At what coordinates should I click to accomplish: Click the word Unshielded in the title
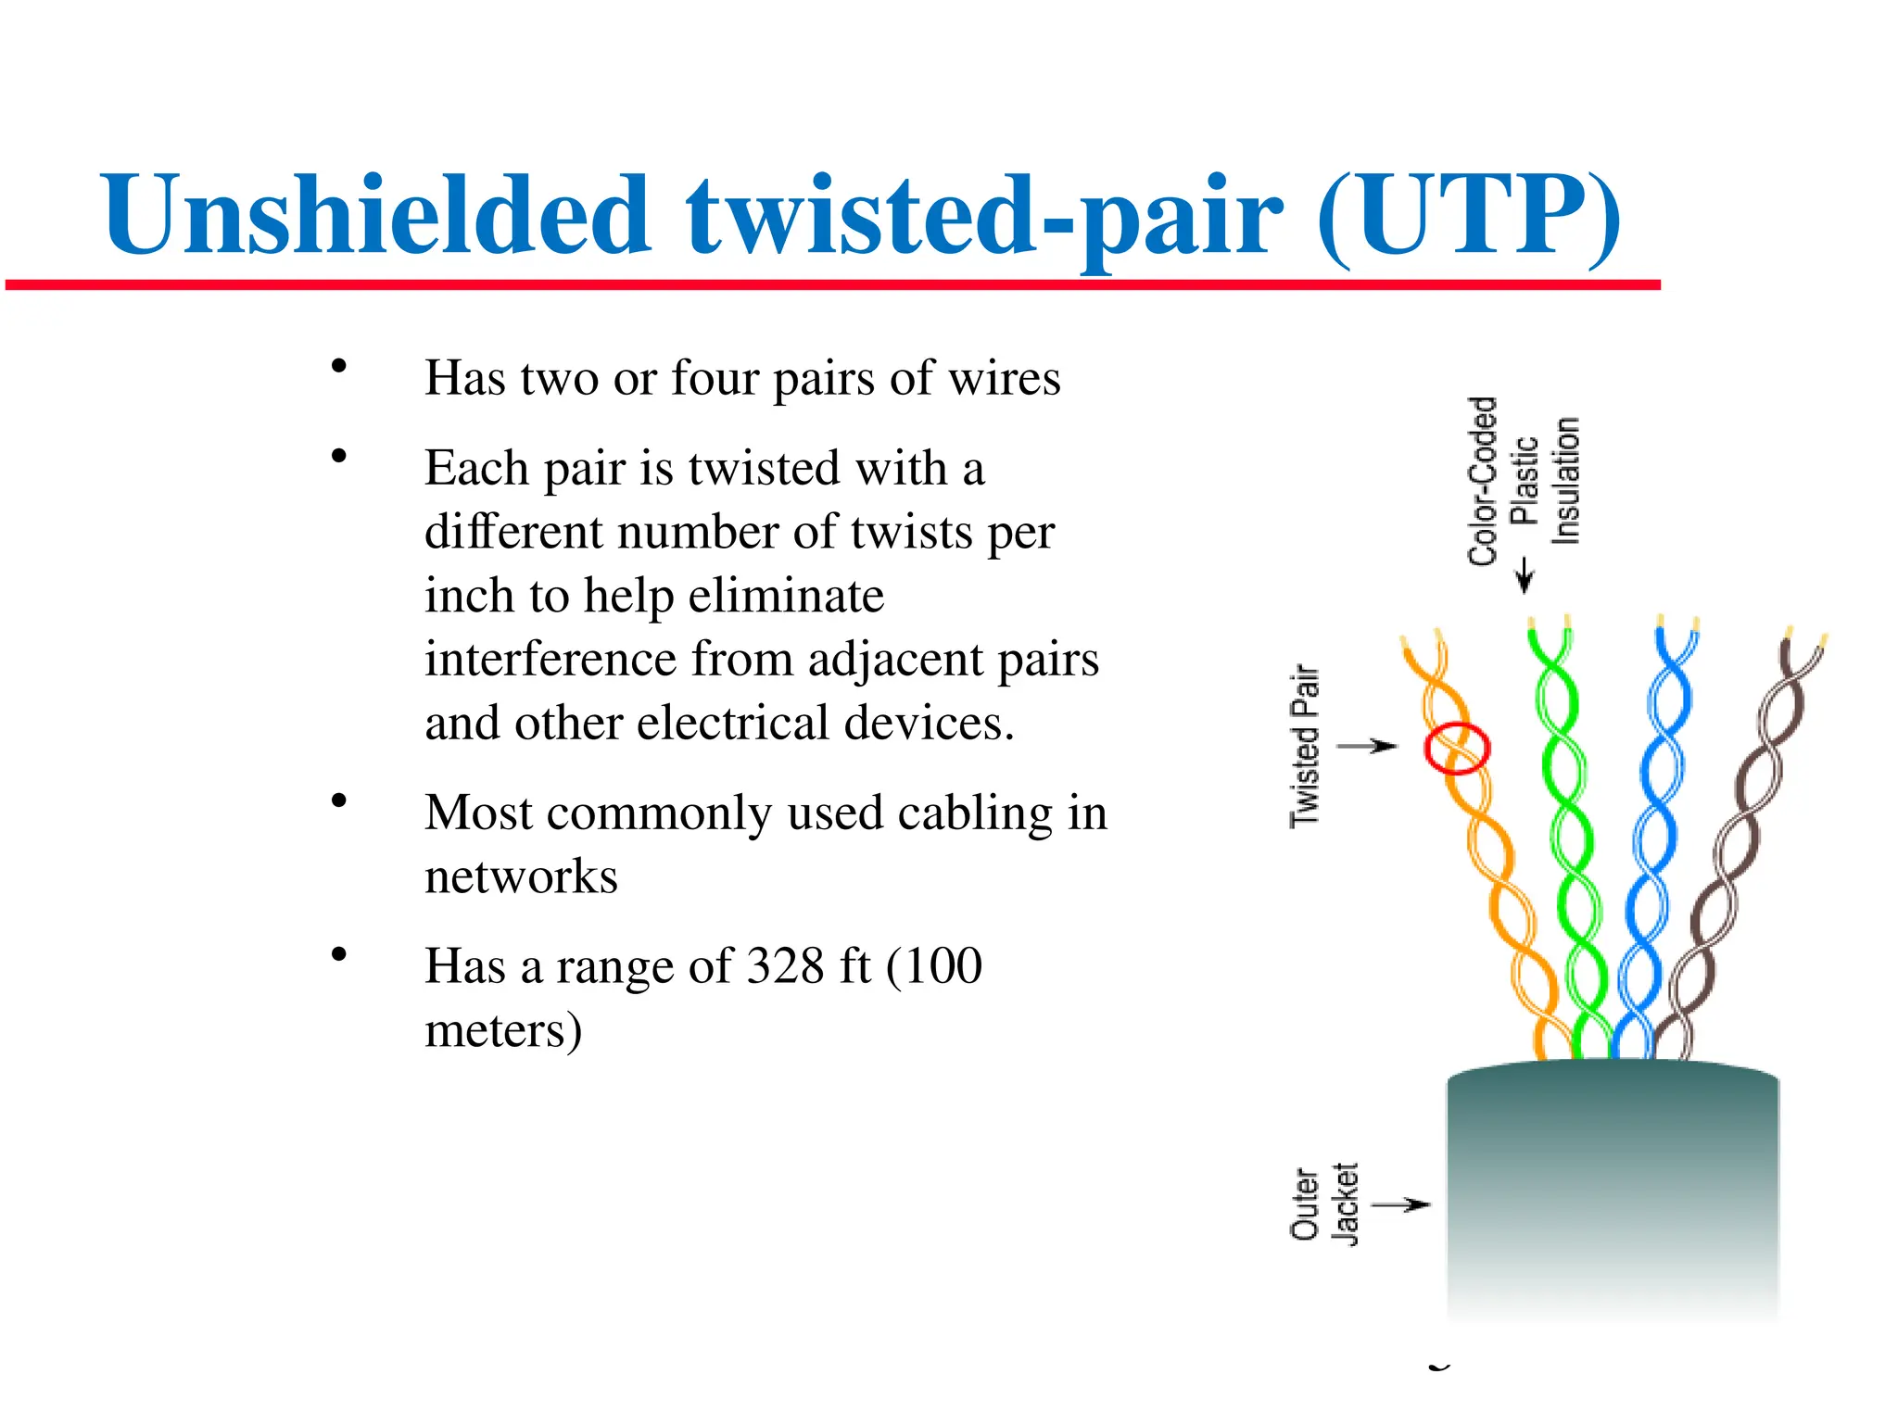click(375, 215)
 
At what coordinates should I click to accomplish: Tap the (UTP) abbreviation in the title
click(1468, 217)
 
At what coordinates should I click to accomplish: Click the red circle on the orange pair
click(1456, 748)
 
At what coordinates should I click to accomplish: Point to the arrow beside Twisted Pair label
click(1369, 746)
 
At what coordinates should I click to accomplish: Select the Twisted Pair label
click(1305, 745)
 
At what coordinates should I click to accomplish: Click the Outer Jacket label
click(1323, 1204)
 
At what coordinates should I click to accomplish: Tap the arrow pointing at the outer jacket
click(1401, 1204)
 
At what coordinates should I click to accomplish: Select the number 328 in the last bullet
click(785, 966)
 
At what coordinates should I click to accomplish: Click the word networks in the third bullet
click(521, 876)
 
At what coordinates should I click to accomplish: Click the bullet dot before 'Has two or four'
click(339, 366)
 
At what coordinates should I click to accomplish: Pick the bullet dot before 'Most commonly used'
click(339, 800)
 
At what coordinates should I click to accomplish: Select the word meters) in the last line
click(503, 1030)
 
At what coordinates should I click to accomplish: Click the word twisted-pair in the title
click(984, 217)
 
